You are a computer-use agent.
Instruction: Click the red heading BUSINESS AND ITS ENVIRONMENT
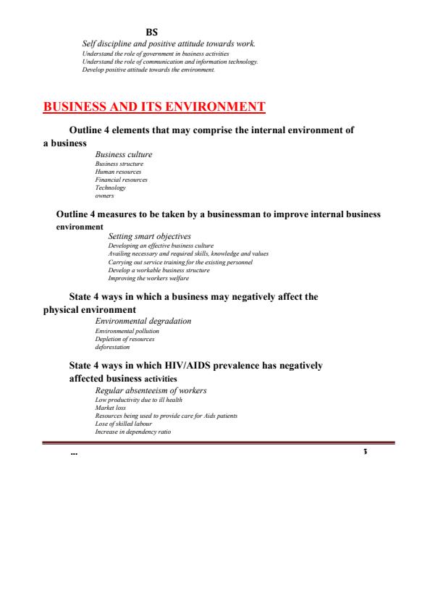click(x=155, y=109)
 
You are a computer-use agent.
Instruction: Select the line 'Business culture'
click(x=124, y=154)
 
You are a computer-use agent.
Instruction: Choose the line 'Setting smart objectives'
click(x=149, y=236)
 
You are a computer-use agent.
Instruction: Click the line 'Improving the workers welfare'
click(x=148, y=278)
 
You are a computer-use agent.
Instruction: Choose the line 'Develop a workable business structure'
click(x=159, y=270)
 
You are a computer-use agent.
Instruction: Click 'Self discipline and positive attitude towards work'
click(x=169, y=45)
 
